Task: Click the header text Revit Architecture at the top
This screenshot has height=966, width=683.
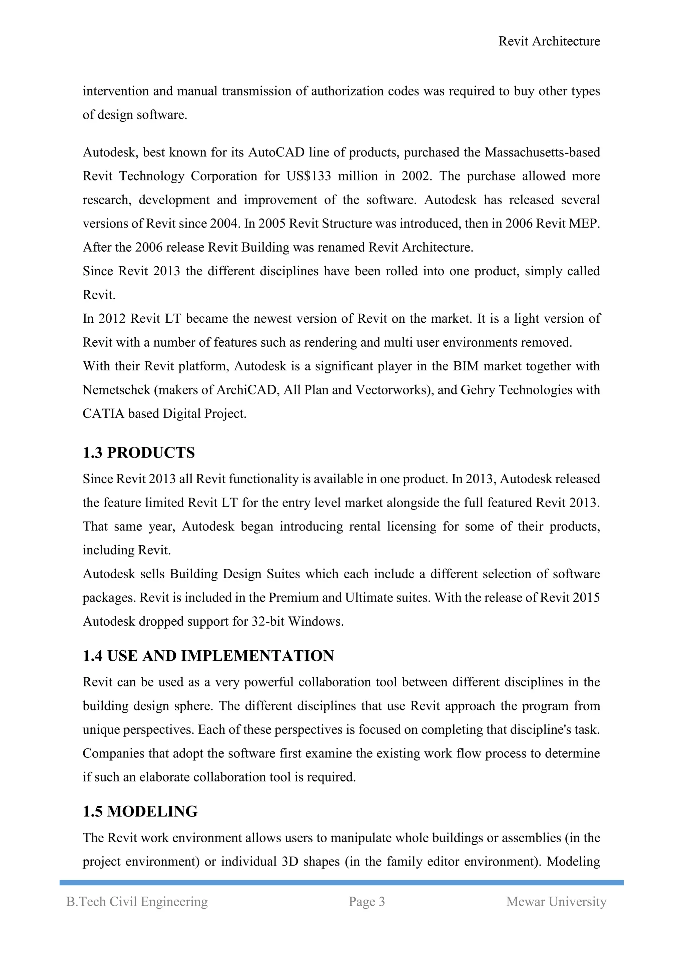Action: coord(549,41)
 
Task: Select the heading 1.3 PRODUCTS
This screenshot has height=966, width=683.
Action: coord(139,453)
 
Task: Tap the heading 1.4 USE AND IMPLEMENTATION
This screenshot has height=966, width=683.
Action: coord(208,656)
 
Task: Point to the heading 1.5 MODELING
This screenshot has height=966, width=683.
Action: coord(140,812)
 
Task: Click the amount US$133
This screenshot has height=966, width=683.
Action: coord(309,176)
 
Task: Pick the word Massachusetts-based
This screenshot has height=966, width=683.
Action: coord(542,152)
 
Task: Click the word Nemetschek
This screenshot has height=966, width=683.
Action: coord(116,390)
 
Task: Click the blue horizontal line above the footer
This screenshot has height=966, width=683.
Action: coord(341,883)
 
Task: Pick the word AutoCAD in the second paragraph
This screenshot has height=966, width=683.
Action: coord(276,152)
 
